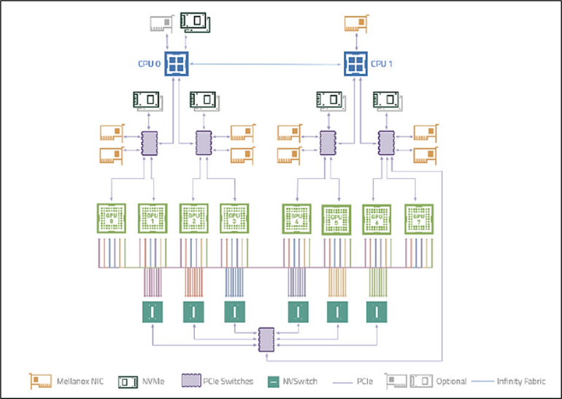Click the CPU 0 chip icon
[x=177, y=64]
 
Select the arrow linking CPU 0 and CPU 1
[x=266, y=64]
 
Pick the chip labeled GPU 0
[x=112, y=218]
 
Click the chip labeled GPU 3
[x=234, y=218]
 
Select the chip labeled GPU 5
[x=336, y=218]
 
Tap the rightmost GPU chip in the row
[x=419, y=218]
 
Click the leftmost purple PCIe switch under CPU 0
[x=149, y=142]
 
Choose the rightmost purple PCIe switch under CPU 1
[x=385, y=142]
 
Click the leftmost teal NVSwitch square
[x=153, y=312]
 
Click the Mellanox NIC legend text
[x=80, y=381]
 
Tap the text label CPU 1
[x=382, y=64]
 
